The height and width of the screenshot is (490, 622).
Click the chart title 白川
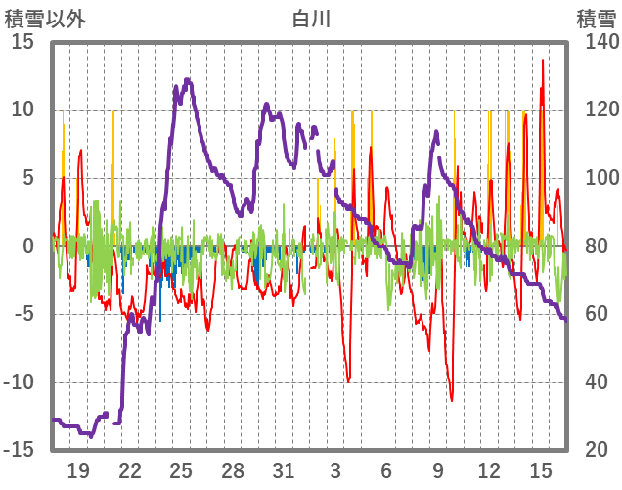click(x=311, y=19)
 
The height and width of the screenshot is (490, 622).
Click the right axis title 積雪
click(x=595, y=19)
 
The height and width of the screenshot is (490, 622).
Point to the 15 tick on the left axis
click(x=22, y=42)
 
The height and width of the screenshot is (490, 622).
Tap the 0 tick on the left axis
click(x=28, y=246)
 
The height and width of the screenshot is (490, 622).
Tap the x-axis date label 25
click(x=181, y=470)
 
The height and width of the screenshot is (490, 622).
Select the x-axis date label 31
click(x=284, y=470)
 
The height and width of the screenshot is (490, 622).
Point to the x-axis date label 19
click(x=78, y=470)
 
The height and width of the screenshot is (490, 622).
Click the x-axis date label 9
click(x=438, y=470)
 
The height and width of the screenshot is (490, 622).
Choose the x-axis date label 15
click(x=540, y=470)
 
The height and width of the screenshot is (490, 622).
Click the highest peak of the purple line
click(x=187, y=80)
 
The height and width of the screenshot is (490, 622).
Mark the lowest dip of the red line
click(x=451, y=399)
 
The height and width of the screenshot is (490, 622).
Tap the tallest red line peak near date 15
click(x=542, y=88)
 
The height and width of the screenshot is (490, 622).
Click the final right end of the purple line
click(x=564, y=318)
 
